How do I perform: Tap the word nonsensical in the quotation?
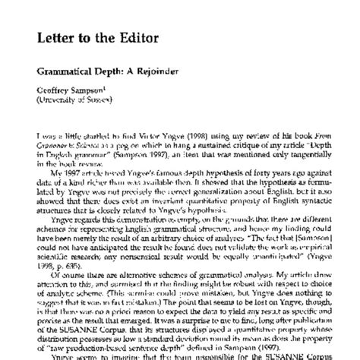point(152,236)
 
